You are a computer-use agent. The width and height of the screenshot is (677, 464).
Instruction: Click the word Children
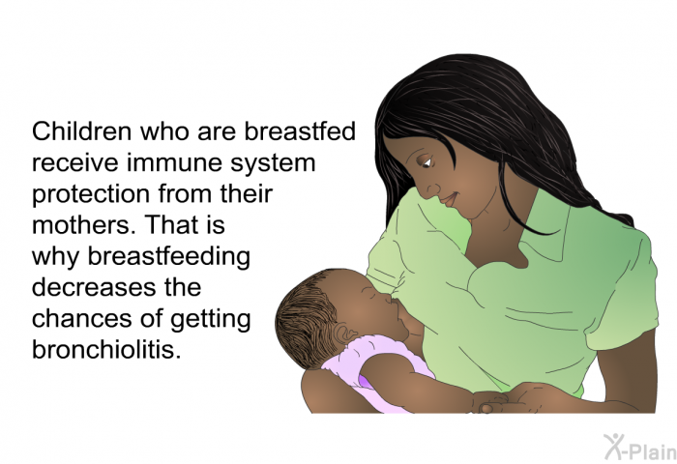click(81, 131)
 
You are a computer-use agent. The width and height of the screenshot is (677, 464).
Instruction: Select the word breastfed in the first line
click(300, 131)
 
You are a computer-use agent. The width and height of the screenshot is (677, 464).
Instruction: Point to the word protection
click(91, 195)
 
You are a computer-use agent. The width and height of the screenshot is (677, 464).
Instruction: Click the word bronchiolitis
click(105, 349)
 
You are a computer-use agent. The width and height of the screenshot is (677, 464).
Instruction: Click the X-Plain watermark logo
click(640, 447)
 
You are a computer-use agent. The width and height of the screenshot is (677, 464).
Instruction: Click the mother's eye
click(427, 161)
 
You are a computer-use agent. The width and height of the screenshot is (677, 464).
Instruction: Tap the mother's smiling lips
click(449, 199)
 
